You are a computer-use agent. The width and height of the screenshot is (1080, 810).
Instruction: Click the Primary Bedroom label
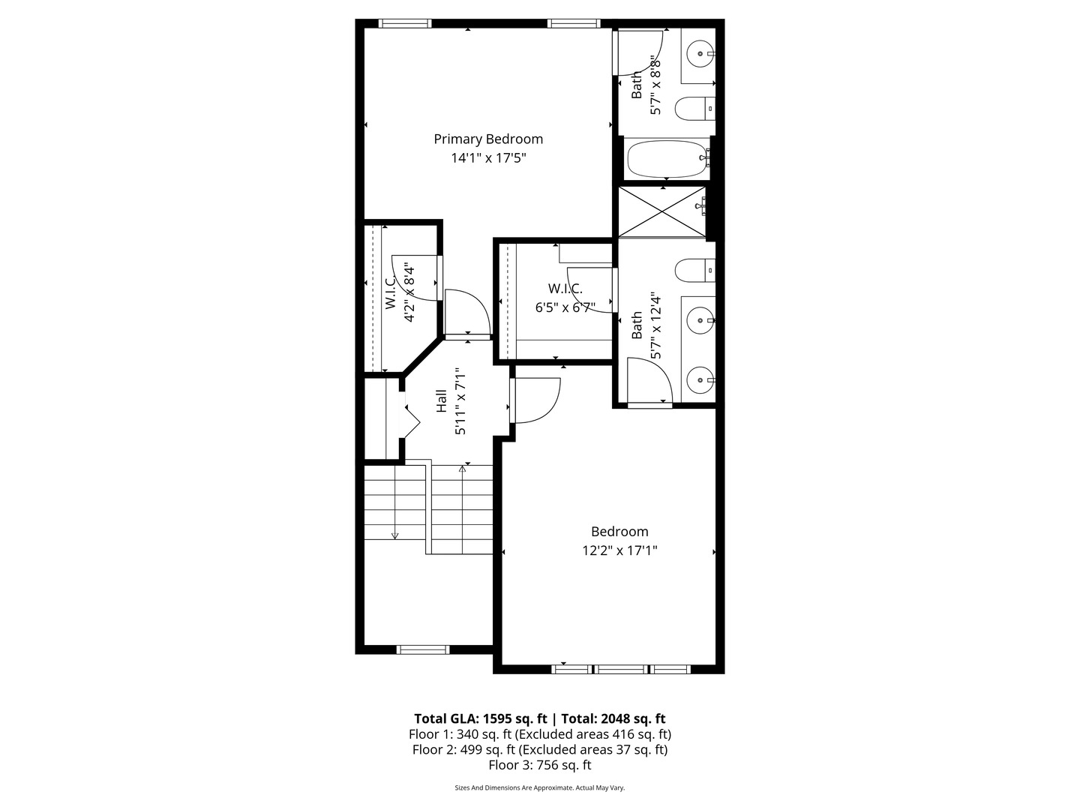click(488, 139)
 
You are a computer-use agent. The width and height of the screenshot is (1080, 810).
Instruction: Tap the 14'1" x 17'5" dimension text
click(488, 158)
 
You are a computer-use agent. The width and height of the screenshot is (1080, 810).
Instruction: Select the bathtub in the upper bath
click(667, 159)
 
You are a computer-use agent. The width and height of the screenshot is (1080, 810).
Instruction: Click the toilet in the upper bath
click(694, 109)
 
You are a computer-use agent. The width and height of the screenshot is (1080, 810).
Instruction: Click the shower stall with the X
click(661, 212)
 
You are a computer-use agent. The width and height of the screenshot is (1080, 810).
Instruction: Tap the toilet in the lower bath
click(694, 270)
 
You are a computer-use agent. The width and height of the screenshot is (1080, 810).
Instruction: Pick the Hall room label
click(442, 400)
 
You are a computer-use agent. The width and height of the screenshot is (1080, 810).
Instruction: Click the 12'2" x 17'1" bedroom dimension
click(619, 550)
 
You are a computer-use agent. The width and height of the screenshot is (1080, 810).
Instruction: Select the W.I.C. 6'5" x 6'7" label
click(565, 298)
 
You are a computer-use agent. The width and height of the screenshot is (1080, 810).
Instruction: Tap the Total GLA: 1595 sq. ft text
click(480, 718)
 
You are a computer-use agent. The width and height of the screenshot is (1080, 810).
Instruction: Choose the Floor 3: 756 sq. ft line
click(540, 765)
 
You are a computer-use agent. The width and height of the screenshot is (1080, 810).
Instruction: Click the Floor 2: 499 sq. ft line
click(540, 749)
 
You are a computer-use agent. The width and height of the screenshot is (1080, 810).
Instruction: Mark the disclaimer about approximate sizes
click(540, 788)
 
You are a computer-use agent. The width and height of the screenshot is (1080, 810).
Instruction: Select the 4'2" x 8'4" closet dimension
click(409, 292)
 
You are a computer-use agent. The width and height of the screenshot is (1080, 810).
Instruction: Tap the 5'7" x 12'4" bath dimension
click(656, 325)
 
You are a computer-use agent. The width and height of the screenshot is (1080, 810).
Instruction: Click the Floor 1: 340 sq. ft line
click(540, 734)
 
